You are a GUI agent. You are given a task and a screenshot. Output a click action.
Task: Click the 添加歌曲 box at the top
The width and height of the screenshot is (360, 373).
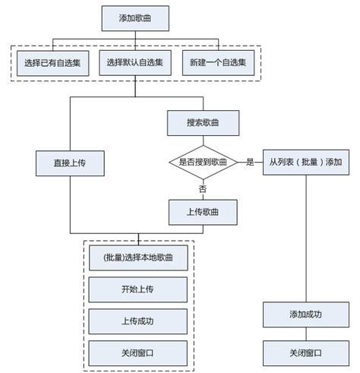[135, 18]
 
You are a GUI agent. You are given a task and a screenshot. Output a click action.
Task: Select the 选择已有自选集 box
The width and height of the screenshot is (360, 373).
[53, 63]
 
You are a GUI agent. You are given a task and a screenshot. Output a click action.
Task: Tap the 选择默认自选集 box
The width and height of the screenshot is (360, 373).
[135, 63]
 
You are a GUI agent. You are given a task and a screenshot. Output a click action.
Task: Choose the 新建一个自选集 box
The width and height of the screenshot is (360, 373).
[219, 63]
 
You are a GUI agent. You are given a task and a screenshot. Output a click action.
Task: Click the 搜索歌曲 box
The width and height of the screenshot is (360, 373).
[204, 123]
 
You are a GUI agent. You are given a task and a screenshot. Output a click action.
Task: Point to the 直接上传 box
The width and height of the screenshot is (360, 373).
[70, 163]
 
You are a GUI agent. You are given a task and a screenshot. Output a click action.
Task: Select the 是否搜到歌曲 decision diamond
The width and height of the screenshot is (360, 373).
[204, 163]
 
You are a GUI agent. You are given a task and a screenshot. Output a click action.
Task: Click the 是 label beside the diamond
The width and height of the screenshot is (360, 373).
[250, 162]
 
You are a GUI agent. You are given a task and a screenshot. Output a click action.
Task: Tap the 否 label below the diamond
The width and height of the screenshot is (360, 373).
[203, 189]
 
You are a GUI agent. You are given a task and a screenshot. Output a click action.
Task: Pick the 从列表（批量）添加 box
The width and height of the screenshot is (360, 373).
[306, 163]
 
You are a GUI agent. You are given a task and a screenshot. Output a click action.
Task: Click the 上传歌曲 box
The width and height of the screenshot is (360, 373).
[203, 212]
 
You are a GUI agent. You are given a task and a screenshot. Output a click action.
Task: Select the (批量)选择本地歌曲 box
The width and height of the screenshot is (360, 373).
[138, 258]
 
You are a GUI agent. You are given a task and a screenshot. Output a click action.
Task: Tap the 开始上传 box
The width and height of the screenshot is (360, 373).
[138, 289]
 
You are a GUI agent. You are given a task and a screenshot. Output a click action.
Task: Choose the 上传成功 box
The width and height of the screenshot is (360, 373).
[138, 321]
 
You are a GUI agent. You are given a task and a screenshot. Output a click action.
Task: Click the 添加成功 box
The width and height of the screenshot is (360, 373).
[306, 315]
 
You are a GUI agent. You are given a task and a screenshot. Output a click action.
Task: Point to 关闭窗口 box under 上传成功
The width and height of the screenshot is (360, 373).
[138, 353]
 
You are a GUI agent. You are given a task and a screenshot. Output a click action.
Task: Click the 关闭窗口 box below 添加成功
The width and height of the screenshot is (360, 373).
[306, 353]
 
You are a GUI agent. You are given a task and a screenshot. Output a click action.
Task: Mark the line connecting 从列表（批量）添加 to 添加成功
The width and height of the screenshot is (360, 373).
[306, 239]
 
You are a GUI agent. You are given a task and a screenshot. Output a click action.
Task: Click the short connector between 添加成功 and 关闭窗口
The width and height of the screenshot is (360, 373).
[306, 334]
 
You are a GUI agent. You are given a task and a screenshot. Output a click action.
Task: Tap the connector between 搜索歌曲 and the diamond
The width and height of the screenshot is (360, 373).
[204, 141]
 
